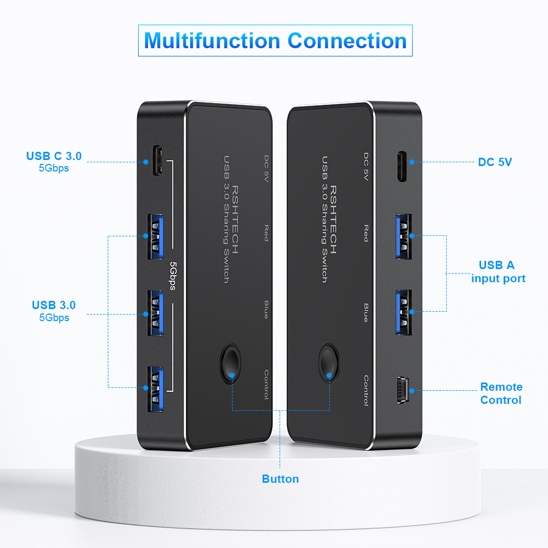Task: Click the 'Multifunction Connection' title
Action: pos(276,41)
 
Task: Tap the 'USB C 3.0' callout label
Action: pos(54,156)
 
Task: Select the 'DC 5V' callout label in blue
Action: pos(495,162)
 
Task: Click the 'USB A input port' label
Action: pos(498,272)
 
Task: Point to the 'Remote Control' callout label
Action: pos(501,393)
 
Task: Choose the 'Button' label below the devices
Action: pos(280,479)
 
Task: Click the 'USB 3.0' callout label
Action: pos(54,305)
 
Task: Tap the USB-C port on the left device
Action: pos(157,161)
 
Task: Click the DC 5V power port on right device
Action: pos(402,167)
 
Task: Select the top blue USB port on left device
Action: pos(156,237)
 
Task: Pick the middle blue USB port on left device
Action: pos(156,313)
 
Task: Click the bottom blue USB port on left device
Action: pos(156,389)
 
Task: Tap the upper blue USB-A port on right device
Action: pos(404,237)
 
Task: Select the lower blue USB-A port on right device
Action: pos(404,312)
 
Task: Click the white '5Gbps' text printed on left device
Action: pos(173,276)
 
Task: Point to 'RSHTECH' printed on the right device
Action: pos(333,220)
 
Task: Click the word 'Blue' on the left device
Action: pos(266,310)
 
